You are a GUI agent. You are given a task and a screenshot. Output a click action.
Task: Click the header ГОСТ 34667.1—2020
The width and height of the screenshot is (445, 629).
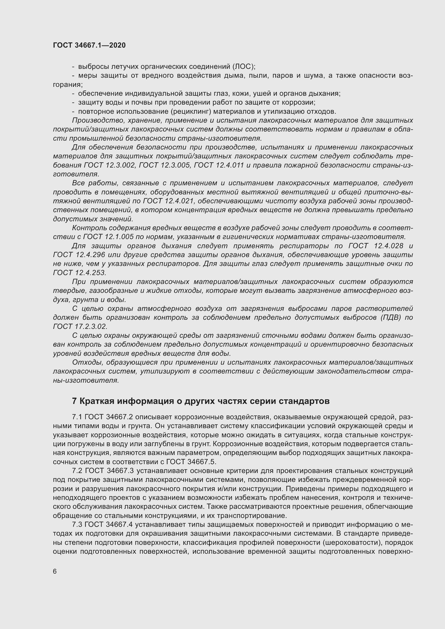pyautogui.click(x=89, y=45)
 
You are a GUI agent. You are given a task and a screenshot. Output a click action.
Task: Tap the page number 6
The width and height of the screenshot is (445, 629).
pyautogui.click(x=55, y=571)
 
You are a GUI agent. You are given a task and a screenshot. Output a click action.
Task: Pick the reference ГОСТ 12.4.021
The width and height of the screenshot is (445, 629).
pyautogui.click(x=168, y=201)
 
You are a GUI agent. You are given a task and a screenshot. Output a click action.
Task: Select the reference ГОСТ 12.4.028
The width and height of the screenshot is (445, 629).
pyautogui.click(x=376, y=246)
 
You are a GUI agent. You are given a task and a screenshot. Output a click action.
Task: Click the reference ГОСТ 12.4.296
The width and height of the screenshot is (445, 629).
pyautogui.click(x=79, y=255)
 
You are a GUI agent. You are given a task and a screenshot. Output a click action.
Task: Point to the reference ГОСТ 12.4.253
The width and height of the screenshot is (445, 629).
pyautogui.click(x=79, y=273)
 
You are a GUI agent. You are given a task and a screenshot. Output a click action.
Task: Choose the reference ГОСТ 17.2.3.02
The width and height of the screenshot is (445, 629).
pyautogui.click(x=80, y=326)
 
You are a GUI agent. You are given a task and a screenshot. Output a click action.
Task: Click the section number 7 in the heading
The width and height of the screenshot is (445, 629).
pyautogui.click(x=74, y=401)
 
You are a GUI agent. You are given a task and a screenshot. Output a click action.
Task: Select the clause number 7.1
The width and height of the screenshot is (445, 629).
pyautogui.click(x=77, y=417)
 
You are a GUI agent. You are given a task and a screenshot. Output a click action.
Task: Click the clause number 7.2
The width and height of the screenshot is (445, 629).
pyautogui.click(x=77, y=471)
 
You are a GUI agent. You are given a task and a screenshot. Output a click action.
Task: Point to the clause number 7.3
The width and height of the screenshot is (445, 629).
pyautogui.click(x=77, y=524)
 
